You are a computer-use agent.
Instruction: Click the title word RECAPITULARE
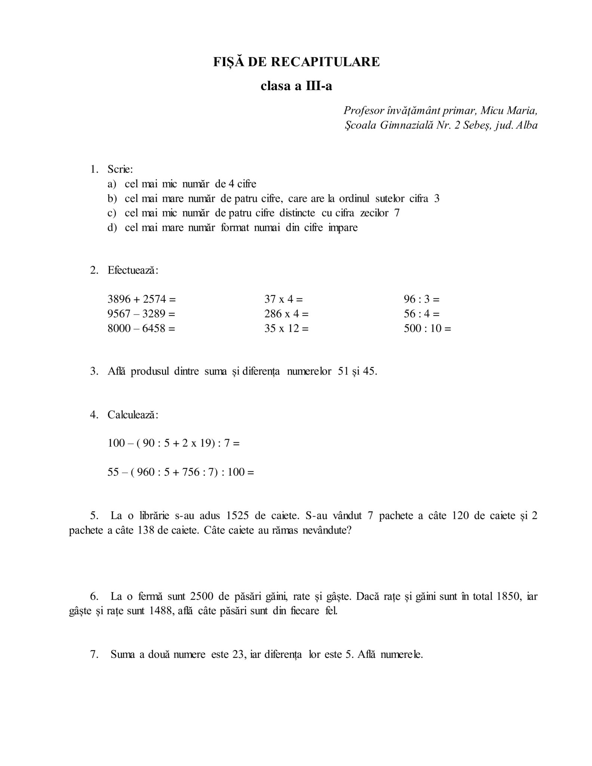(325, 62)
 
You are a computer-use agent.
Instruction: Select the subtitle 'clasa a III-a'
(296, 86)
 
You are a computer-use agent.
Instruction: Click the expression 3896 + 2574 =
(141, 299)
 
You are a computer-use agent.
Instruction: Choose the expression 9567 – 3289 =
(141, 314)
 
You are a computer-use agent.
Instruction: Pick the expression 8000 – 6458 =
(141, 328)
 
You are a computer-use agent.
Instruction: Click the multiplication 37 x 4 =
(283, 299)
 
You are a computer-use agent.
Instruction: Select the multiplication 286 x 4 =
(286, 314)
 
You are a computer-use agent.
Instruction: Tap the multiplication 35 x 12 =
(286, 328)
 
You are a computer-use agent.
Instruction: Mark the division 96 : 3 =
(421, 299)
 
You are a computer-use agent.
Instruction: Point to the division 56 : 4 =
(421, 314)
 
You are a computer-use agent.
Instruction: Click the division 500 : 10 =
(427, 328)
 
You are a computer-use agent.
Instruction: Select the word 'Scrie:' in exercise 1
(120, 169)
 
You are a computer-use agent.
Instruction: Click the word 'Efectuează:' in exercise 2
(133, 270)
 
